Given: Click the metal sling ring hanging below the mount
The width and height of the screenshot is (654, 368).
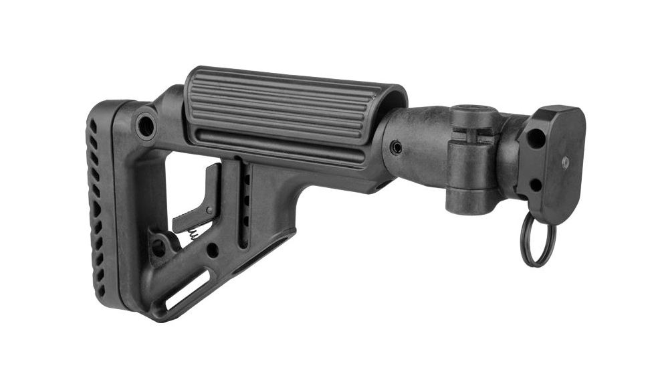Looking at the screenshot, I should (538, 242).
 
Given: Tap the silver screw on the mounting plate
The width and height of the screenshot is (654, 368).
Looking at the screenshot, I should (565, 162).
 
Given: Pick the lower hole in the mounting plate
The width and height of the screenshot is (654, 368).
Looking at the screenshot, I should (535, 184).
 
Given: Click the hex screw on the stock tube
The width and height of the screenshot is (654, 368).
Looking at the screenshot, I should (397, 147).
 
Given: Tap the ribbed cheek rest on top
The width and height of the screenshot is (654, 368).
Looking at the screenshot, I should (294, 107).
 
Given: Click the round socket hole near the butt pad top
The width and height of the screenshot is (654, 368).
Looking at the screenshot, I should (145, 125).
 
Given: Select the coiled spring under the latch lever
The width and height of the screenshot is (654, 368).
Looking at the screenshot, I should (194, 234).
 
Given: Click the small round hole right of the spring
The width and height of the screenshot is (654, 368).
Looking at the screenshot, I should (212, 251).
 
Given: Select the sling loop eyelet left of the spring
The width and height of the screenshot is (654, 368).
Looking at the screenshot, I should (158, 247).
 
